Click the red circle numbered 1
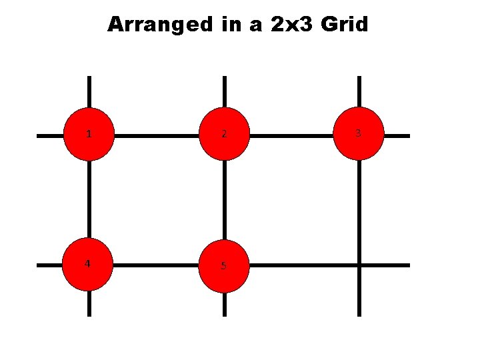coord(89,134)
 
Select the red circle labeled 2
coord(224,134)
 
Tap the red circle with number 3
coord(359,134)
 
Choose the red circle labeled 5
coord(224,265)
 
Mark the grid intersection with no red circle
coord(359,265)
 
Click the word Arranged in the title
coord(157,25)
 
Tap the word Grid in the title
coord(344,25)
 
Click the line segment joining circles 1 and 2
coord(157,135)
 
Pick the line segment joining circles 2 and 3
coord(291,135)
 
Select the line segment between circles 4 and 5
coord(157,265)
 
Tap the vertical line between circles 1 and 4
coord(89,200)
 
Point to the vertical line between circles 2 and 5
coord(224,200)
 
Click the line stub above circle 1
coord(89,92)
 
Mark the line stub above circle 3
coord(359,92)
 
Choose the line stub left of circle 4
coord(50,265)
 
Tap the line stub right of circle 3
coord(397,135)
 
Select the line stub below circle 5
coord(224,304)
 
